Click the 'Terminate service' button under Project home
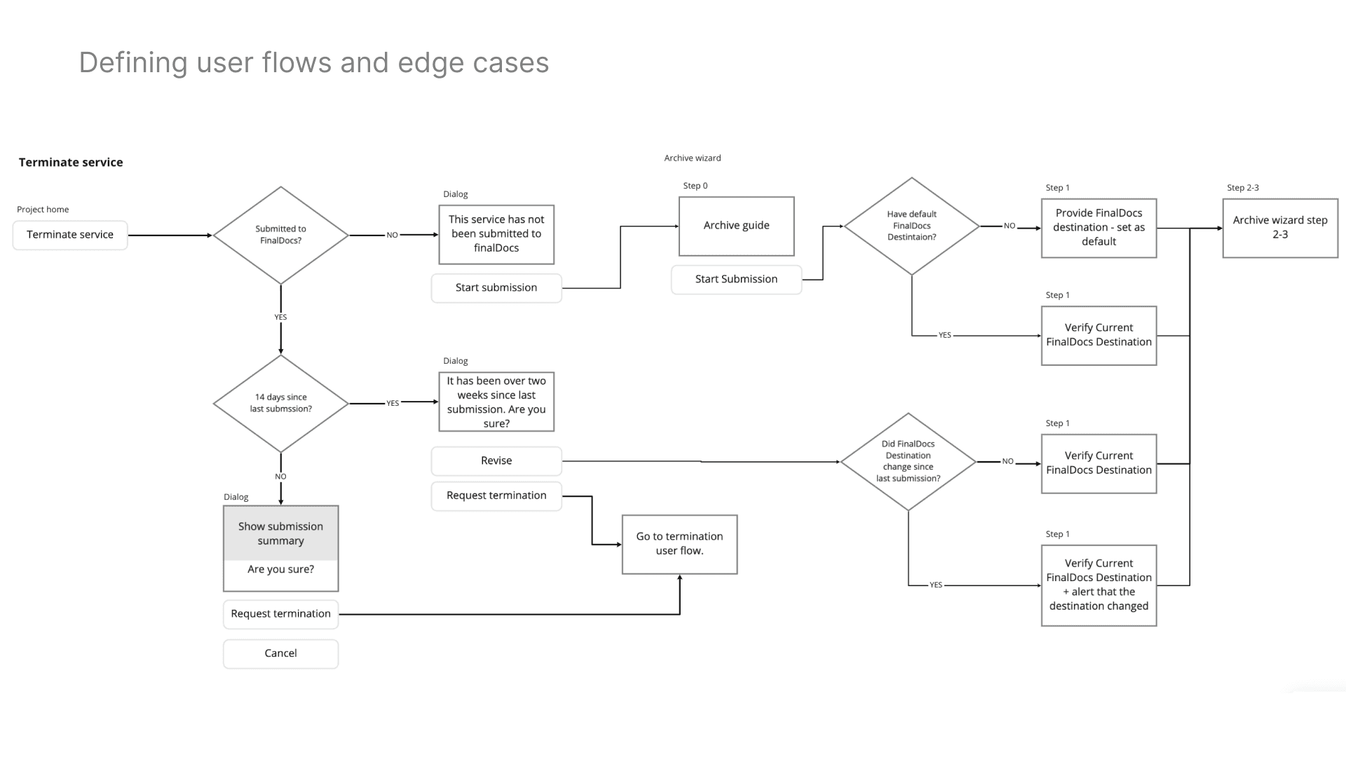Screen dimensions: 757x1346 click(x=70, y=235)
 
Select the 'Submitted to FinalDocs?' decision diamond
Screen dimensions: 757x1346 click(x=280, y=235)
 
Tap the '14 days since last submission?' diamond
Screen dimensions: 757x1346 click(x=280, y=403)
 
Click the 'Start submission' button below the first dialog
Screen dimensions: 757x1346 click(x=496, y=288)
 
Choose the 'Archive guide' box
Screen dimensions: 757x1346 click(x=736, y=226)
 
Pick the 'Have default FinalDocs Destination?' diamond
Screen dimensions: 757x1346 click(x=911, y=226)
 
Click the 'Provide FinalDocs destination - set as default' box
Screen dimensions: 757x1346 click(x=1099, y=228)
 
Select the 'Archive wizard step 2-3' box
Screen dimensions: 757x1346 click(x=1280, y=228)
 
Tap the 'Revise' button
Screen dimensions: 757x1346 click(x=496, y=461)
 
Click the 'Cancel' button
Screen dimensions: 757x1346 click(x=280, y=653)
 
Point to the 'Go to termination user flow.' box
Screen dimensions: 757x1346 click(x=679, y=544)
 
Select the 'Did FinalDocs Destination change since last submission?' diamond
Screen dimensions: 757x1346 click(x=908, y=461)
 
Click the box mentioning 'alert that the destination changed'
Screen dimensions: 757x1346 click(x=1099, y=585)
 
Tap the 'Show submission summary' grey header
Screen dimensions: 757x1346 click(x=280, y=533)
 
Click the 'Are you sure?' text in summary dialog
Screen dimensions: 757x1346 click(x=280, y=570)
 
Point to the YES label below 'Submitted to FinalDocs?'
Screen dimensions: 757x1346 click(x=280, y=318)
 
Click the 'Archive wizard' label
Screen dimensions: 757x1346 click(x=693, y=158)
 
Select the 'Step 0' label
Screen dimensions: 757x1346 click(x=695, y=186)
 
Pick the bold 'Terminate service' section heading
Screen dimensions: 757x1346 click(x=71, y=163)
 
